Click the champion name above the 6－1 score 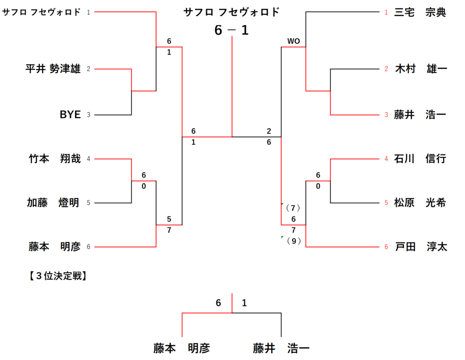(x=232, y=12)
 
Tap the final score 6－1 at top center (x=232, y=30)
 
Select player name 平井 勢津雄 (x=53, y=69)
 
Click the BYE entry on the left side (x=70, y=115)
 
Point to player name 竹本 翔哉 (x=54, y=159)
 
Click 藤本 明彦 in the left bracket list (x=54, y=246)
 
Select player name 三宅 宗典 (x=420, y=12)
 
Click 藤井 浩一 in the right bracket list (x=420, y=115)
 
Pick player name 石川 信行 (x=420, y=159)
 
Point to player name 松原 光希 (x=420, y=203)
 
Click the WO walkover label (x=293, y=41)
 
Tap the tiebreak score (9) (x=294, y=241)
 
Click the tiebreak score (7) (x=293, y=208)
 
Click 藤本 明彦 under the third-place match (x=182, y=348)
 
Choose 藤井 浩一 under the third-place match (x=282, y=348)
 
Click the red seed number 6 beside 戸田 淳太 (x=386, y=247)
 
